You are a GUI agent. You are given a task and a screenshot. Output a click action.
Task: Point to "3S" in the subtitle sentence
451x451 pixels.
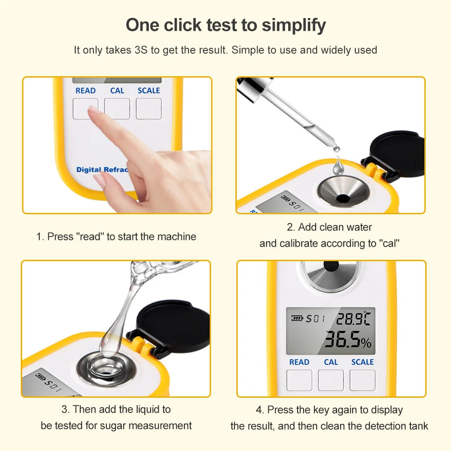click(x=140, y=50)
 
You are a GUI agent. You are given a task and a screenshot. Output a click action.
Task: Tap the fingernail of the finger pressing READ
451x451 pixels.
click(x=93, y=110)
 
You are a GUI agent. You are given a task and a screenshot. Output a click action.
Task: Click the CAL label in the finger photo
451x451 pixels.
click(x=117, y=91)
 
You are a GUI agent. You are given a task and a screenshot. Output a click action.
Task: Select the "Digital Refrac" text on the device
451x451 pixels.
click(x=102, y=170)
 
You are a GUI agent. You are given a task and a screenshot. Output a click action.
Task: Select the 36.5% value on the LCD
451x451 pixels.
click(x=347, y=341)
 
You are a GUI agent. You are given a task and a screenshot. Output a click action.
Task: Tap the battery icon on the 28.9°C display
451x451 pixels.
click(x=297, y=318)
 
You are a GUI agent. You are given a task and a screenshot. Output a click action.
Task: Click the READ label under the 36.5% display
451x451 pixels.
click(x=299, y=362)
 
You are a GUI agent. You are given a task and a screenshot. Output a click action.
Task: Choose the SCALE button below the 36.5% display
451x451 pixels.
click(x=362, y=380)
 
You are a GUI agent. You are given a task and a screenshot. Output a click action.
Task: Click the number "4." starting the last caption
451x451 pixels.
click(x=260, y=410)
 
